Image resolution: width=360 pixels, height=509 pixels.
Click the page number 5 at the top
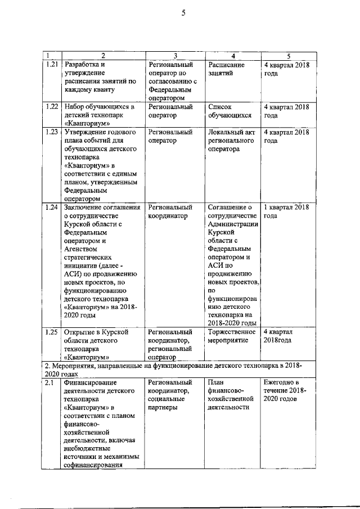183,14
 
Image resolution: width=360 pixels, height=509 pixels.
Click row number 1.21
51,65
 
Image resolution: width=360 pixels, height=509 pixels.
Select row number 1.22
51,106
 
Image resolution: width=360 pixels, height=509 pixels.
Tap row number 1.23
51,132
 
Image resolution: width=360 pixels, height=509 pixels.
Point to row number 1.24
51,208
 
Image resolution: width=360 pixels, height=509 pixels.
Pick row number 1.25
51,332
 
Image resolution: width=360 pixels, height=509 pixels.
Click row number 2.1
49,382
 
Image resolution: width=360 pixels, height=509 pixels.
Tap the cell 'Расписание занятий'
227,69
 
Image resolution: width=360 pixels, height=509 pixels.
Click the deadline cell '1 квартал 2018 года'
286,211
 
